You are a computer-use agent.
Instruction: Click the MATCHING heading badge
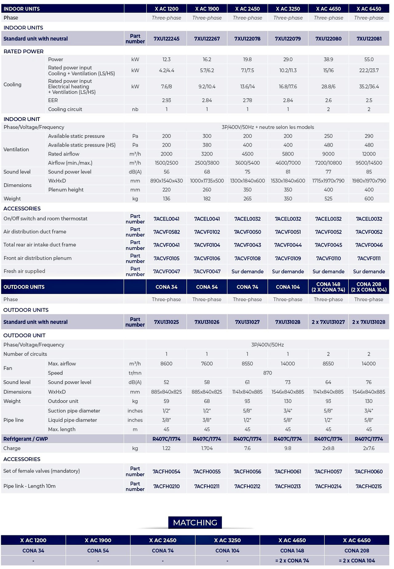pyautogui.click(x=195, y=522)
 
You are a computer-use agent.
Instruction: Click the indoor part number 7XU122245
pyautogui.click(x=167, y=39)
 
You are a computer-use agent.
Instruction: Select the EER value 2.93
pyautogui.click(x=167, y=100)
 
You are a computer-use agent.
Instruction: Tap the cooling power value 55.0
pyautogui.click(x=369, y=59)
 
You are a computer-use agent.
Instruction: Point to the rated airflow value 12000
pyautogui.click(x=369, y=154)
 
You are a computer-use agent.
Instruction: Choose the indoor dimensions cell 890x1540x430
pyautogui.click(x=167, y=181)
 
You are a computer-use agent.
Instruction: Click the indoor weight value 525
pyautogui.click(x=328, y=199)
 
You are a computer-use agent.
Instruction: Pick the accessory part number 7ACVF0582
pyautogui.click(x=167, y=232)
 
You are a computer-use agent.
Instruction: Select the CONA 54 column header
pyautogui.click(x=207, y=287)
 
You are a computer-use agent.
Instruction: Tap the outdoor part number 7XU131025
pyautogui.click(x=167, y=322)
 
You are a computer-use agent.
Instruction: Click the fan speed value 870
pyautogui.click(x=267, y=373)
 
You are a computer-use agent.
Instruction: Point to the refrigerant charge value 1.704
pyautogui.click(x=207, y=449)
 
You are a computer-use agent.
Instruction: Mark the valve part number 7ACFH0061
pyautogui.click(x=288, y=472)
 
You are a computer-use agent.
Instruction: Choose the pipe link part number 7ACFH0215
pyautogui.click(x=369, y=486)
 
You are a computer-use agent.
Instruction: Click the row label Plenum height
pyautogui.click(x=66, y=190)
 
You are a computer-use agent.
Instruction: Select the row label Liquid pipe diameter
pyautogui.click(x=72, y=420)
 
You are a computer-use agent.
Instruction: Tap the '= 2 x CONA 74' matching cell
pyautogui.click(x=292, y=561)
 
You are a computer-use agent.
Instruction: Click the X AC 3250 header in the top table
pyautogui.click(x=288, y=9)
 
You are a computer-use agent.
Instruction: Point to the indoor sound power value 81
pyautogui.click(x=288, y=172)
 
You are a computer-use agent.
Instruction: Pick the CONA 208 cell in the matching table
pyautogui.click(x=357, y=551)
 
